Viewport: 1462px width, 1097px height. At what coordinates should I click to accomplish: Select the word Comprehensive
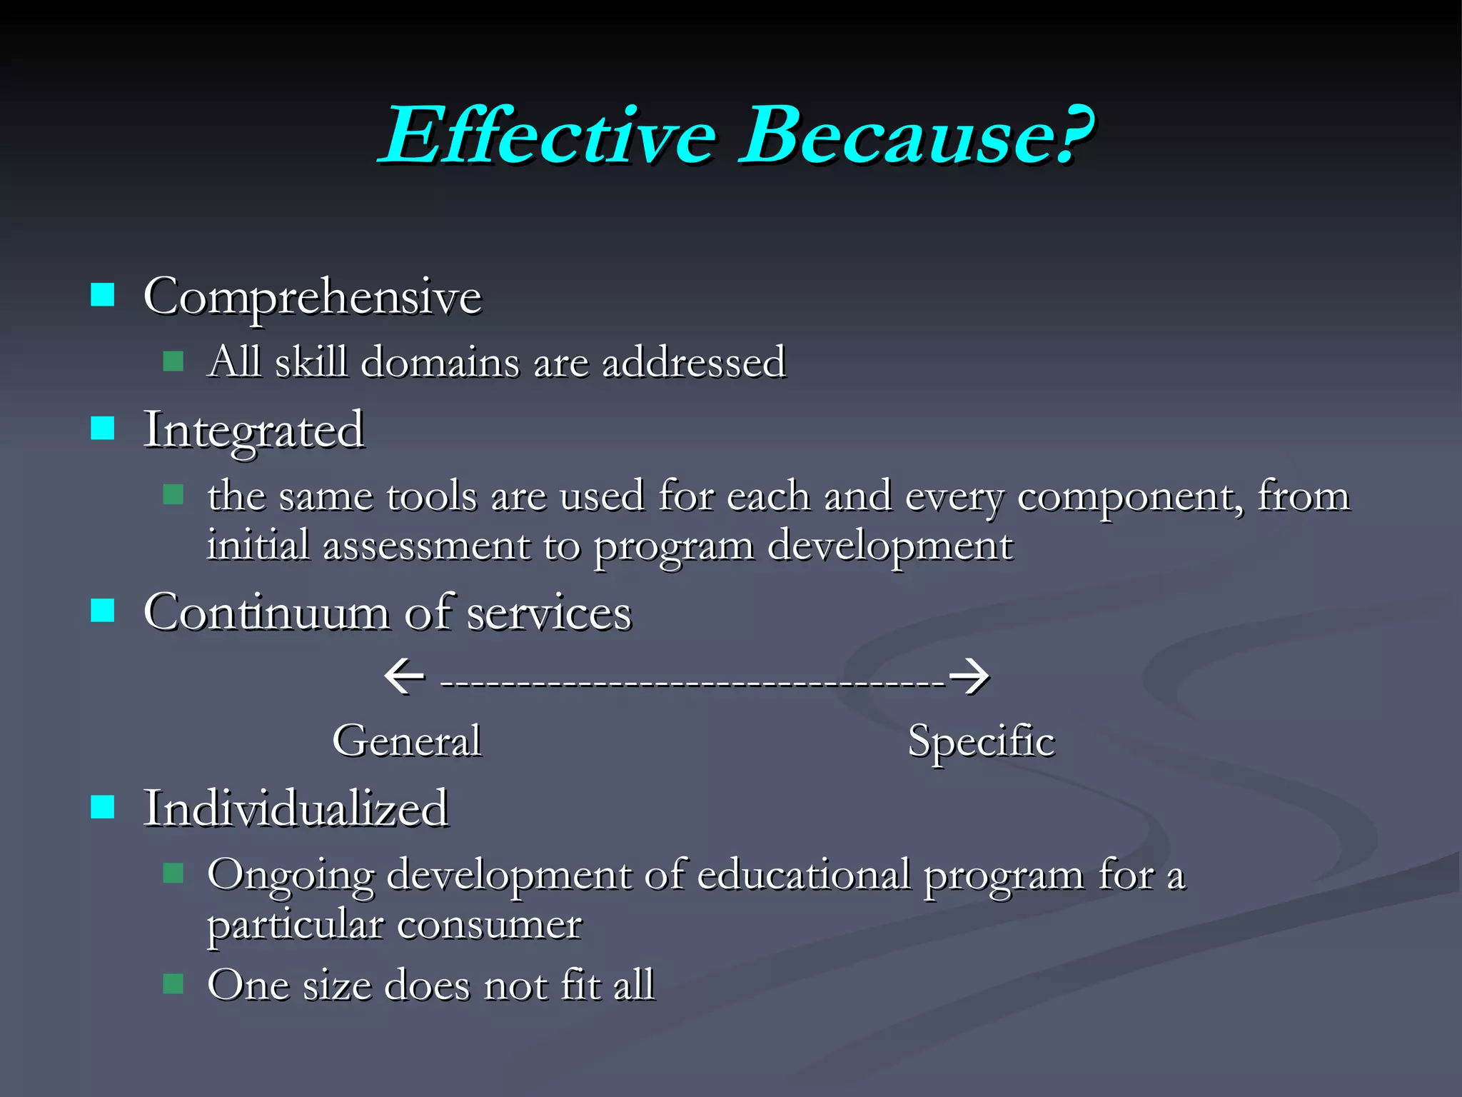312,297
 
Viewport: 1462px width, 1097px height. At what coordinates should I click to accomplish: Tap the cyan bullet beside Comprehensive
103,294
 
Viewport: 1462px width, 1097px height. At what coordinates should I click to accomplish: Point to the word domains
440,362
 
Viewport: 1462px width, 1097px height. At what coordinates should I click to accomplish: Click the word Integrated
253,431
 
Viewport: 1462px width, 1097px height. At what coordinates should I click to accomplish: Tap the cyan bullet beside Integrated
103,428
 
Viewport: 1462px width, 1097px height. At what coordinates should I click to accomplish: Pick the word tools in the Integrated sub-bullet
431,496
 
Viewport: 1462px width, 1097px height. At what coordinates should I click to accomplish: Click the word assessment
426,546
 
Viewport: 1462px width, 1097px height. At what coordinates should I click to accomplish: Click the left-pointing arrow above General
404,676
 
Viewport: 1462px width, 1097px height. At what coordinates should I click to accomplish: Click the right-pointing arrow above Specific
969,676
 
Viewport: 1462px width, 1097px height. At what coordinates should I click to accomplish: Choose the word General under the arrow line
407,741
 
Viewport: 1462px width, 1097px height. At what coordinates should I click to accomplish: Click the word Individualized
296,808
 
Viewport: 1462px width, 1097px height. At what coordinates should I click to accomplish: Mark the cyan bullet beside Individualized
103,807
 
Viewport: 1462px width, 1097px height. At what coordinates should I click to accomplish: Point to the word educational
803,875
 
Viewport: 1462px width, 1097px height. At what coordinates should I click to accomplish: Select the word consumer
488,925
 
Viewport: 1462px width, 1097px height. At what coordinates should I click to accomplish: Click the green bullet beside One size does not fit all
173,984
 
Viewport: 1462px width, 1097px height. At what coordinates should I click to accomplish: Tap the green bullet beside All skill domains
173,361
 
